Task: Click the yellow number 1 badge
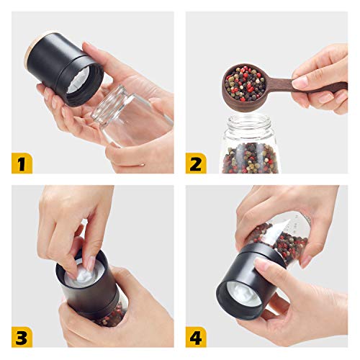pos(21,163)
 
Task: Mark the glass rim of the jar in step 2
pos(249,119)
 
